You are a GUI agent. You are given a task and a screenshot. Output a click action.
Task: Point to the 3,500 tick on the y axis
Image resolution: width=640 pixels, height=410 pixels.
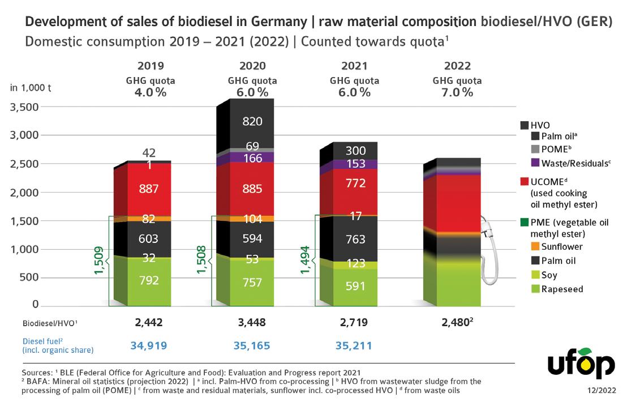pyautogui.click(x=24, y=107)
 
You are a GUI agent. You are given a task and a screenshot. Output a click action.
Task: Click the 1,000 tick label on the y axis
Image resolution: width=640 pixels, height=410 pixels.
pyautogui.click(x=24, y=249)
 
